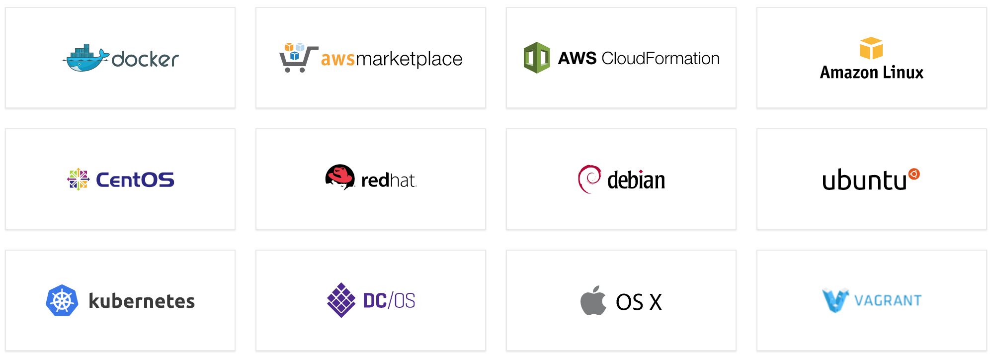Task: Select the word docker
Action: (x=145, y=59)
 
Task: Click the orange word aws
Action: (x=338, y=59)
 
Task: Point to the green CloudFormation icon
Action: (x=537, y=58)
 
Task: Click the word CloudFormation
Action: (x=661, y=59)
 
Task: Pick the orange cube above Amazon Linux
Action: (x=871, y=48)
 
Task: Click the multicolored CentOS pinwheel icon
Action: (x=78, y=180)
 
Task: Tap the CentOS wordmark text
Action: (x=135, y=180)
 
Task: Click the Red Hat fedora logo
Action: (x=340, y=177)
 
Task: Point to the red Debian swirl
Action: (x=589, y=179)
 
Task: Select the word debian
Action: (x=636, y=180)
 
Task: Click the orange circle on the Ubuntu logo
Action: (x=914, y=174)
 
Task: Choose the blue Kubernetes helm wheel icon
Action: (x=62, y=300)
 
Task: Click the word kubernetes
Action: (x=142, y=301)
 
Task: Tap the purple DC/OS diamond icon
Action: (x=341, y=300)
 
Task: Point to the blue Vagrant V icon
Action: (x=835, y=300)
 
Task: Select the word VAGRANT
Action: (x=888, y=301)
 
